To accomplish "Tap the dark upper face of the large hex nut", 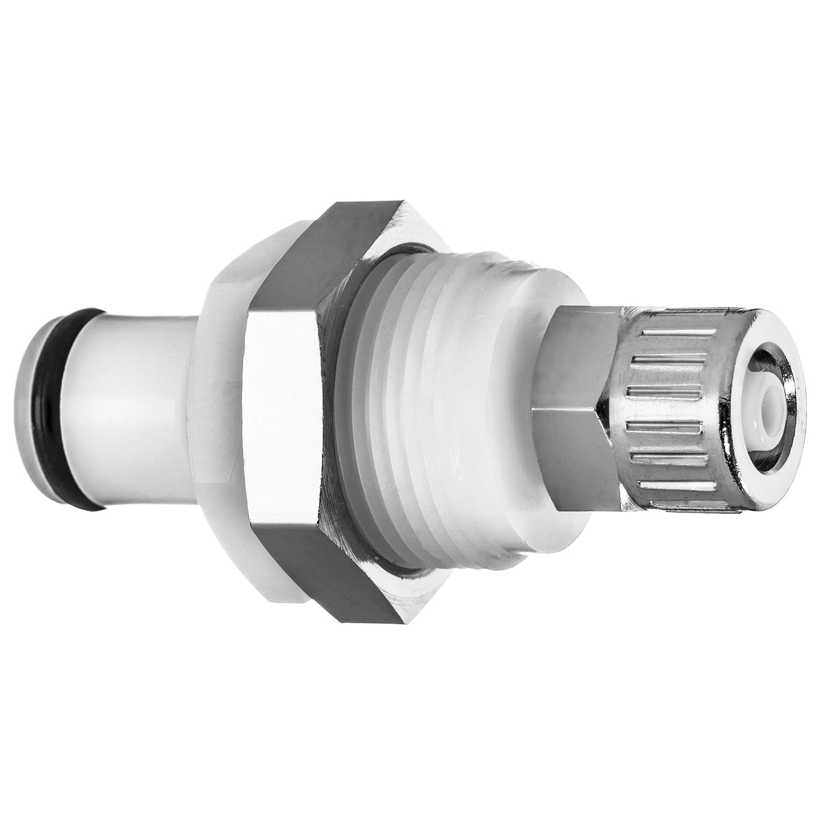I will coord(309,259).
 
